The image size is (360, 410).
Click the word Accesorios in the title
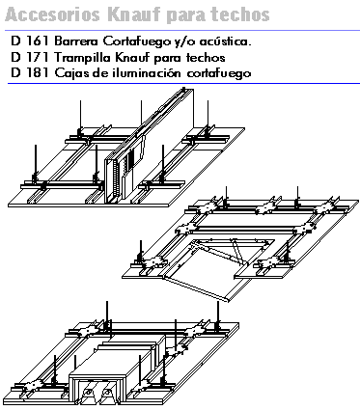click(x=53, y=14)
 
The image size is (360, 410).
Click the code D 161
click(x=30, y=41)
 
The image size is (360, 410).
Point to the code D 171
click(x=30, y=57)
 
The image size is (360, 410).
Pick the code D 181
click(x=30, y=73)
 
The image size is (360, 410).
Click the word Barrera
click(x=77, y=41)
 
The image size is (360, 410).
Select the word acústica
click(x=225, y=41)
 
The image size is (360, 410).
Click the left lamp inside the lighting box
click(x=87, y=393)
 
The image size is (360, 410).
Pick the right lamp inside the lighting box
click(x=108, y=393)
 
